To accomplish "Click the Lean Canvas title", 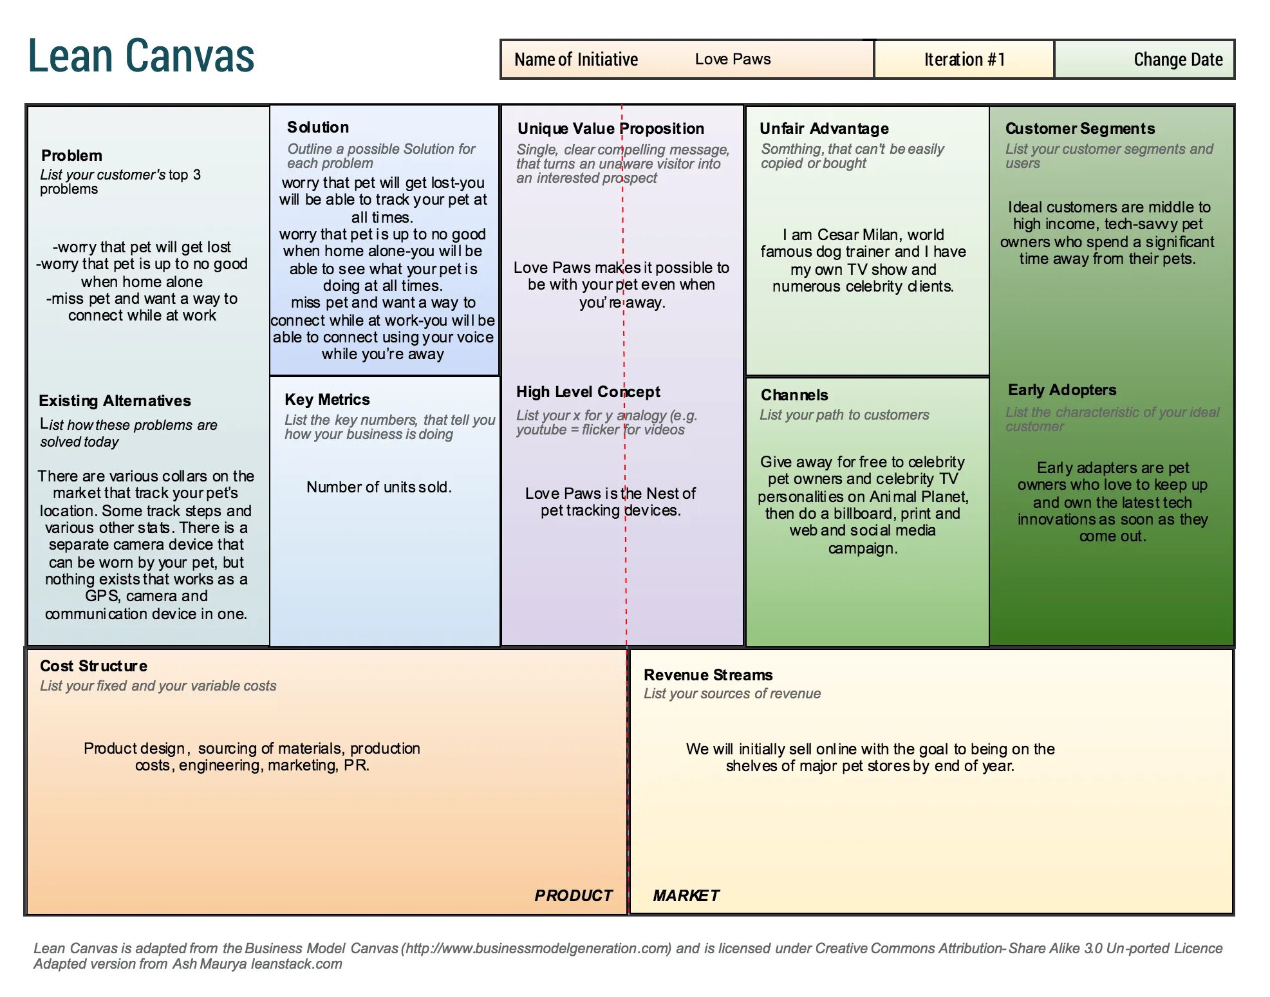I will [141, 56].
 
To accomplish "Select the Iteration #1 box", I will [964, 60].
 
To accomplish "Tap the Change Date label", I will [1177, 60].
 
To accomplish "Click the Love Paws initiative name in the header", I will [733, 59].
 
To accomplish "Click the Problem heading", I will [71, 155].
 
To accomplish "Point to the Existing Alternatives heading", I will [115, 400].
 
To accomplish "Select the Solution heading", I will [318, 127].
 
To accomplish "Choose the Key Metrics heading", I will [327, 399].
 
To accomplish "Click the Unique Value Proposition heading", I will [610, 128].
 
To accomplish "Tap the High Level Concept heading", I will [588, 391].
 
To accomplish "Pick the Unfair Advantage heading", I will [824, 128].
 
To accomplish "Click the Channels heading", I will [794, 395].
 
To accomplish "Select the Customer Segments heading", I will [1079, 128].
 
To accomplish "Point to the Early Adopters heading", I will [1061, 389].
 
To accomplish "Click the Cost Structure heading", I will [93, 666].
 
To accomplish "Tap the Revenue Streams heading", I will [708, 675].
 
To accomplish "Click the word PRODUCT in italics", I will [573, 895].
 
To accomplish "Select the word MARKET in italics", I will [686, 895].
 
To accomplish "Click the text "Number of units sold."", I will [378, 487].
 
